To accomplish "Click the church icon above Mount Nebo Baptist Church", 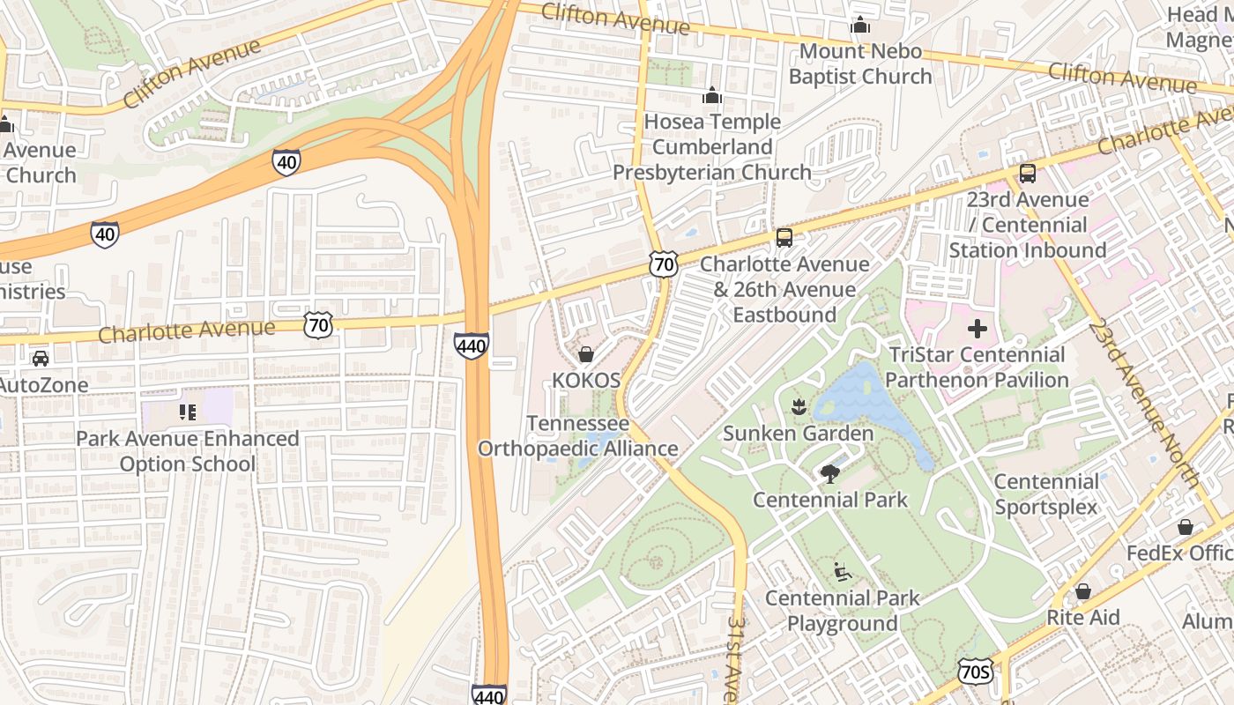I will [860, 26].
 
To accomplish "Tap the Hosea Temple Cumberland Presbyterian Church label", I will [712, 147].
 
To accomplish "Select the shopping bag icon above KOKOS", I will [585, 354].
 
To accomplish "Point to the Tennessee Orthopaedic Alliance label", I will [578, 436].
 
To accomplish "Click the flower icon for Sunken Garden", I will [799, 406].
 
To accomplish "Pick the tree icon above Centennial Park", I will [829, 474].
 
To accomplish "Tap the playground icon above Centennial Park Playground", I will [842, 572].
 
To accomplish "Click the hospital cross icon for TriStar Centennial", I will [978, 330].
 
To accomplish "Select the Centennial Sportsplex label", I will [1046, 494].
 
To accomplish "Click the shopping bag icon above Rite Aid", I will [1082, 591].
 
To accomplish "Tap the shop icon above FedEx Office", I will [1186, 527].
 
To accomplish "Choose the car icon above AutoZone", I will [41, 359].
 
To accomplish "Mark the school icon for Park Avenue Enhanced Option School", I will [187, 412].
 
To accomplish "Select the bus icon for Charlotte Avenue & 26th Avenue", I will [784, 238].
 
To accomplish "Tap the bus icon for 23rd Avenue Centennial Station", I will [1027, 174].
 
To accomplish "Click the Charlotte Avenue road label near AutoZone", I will [187, 330].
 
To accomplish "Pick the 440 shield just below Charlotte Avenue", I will [472, 346].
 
